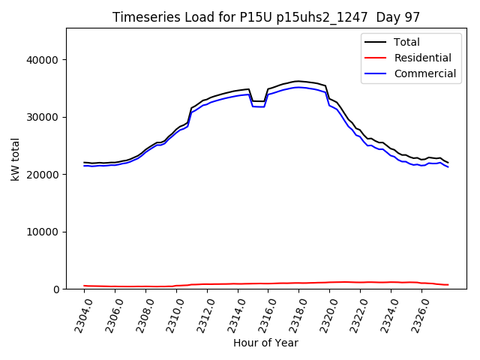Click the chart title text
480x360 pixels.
[266, 17]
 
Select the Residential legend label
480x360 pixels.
[422, 58]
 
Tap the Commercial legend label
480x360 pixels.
[425, 73]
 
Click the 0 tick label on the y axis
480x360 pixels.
[56, 289]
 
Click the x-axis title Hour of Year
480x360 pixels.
[265, 343]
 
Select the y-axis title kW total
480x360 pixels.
[16, 159]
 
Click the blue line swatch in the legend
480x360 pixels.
[378, 73]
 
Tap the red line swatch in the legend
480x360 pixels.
[378, 58]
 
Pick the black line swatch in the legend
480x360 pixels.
[378, 42]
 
